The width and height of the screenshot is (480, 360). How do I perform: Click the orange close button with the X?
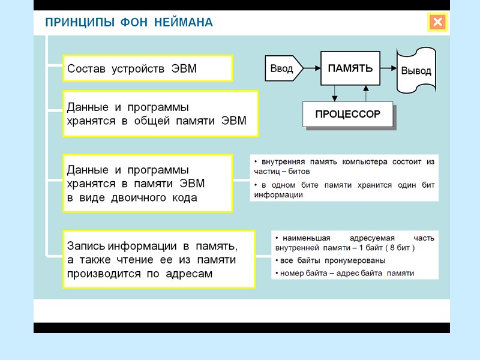[x=437, y=23]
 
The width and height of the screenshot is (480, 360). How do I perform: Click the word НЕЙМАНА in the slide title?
[x=184, y=23]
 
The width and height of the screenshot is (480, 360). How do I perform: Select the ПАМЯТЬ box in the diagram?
[x=350, y=68]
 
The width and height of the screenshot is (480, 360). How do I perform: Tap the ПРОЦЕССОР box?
[x=348, y=114]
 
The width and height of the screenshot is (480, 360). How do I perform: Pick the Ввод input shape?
[x=281, y=68]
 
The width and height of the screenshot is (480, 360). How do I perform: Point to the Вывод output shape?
[x=416, y=71]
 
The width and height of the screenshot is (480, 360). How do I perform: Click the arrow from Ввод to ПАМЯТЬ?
[x=310, y=68]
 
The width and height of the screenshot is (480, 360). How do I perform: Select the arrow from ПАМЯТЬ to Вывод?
[x=388, y=68]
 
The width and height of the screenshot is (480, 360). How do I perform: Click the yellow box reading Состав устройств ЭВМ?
[x=148, y=69]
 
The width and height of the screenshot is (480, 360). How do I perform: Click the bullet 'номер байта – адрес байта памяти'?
[x=344, y=273]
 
